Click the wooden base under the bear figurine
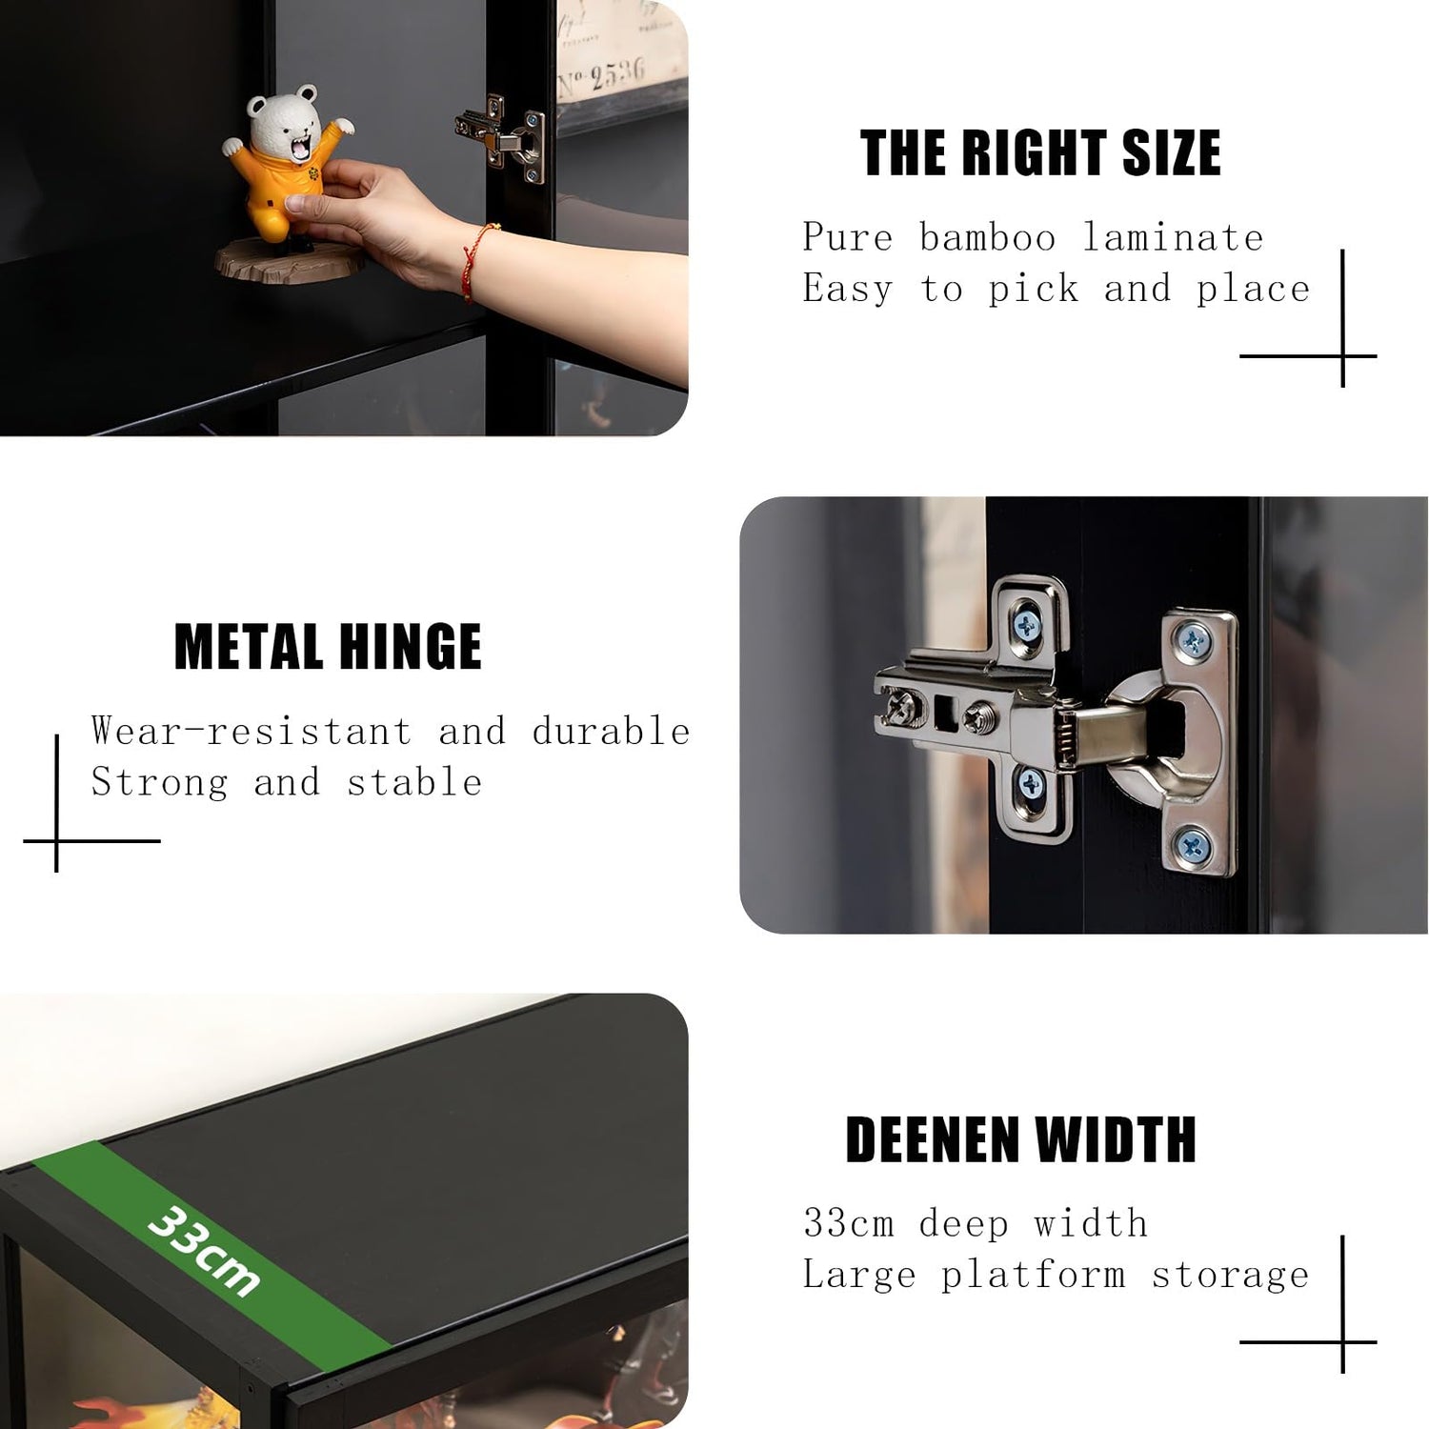(x=289, y=262)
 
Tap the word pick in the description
(x=1034, y=290)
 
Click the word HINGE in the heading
(x=411, y=647)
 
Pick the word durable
(x=611, y=731)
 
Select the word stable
(x=414, y=782)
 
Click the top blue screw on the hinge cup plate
(x=1193, y=639)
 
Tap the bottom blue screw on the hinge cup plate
(x=1192, y=845)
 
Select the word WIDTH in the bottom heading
(x=1116, y=1139)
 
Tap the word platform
(x=1034, y=1276)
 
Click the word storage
(x=1231, y=1276)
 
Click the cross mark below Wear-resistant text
(x=57, y=840)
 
